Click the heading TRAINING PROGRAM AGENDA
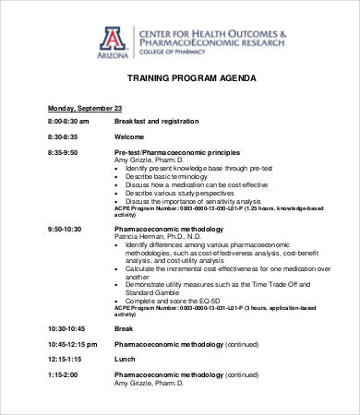pos(179,80)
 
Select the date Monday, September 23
pos(85,108)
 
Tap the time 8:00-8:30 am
pos(68,122)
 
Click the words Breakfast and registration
pos(156,122)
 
